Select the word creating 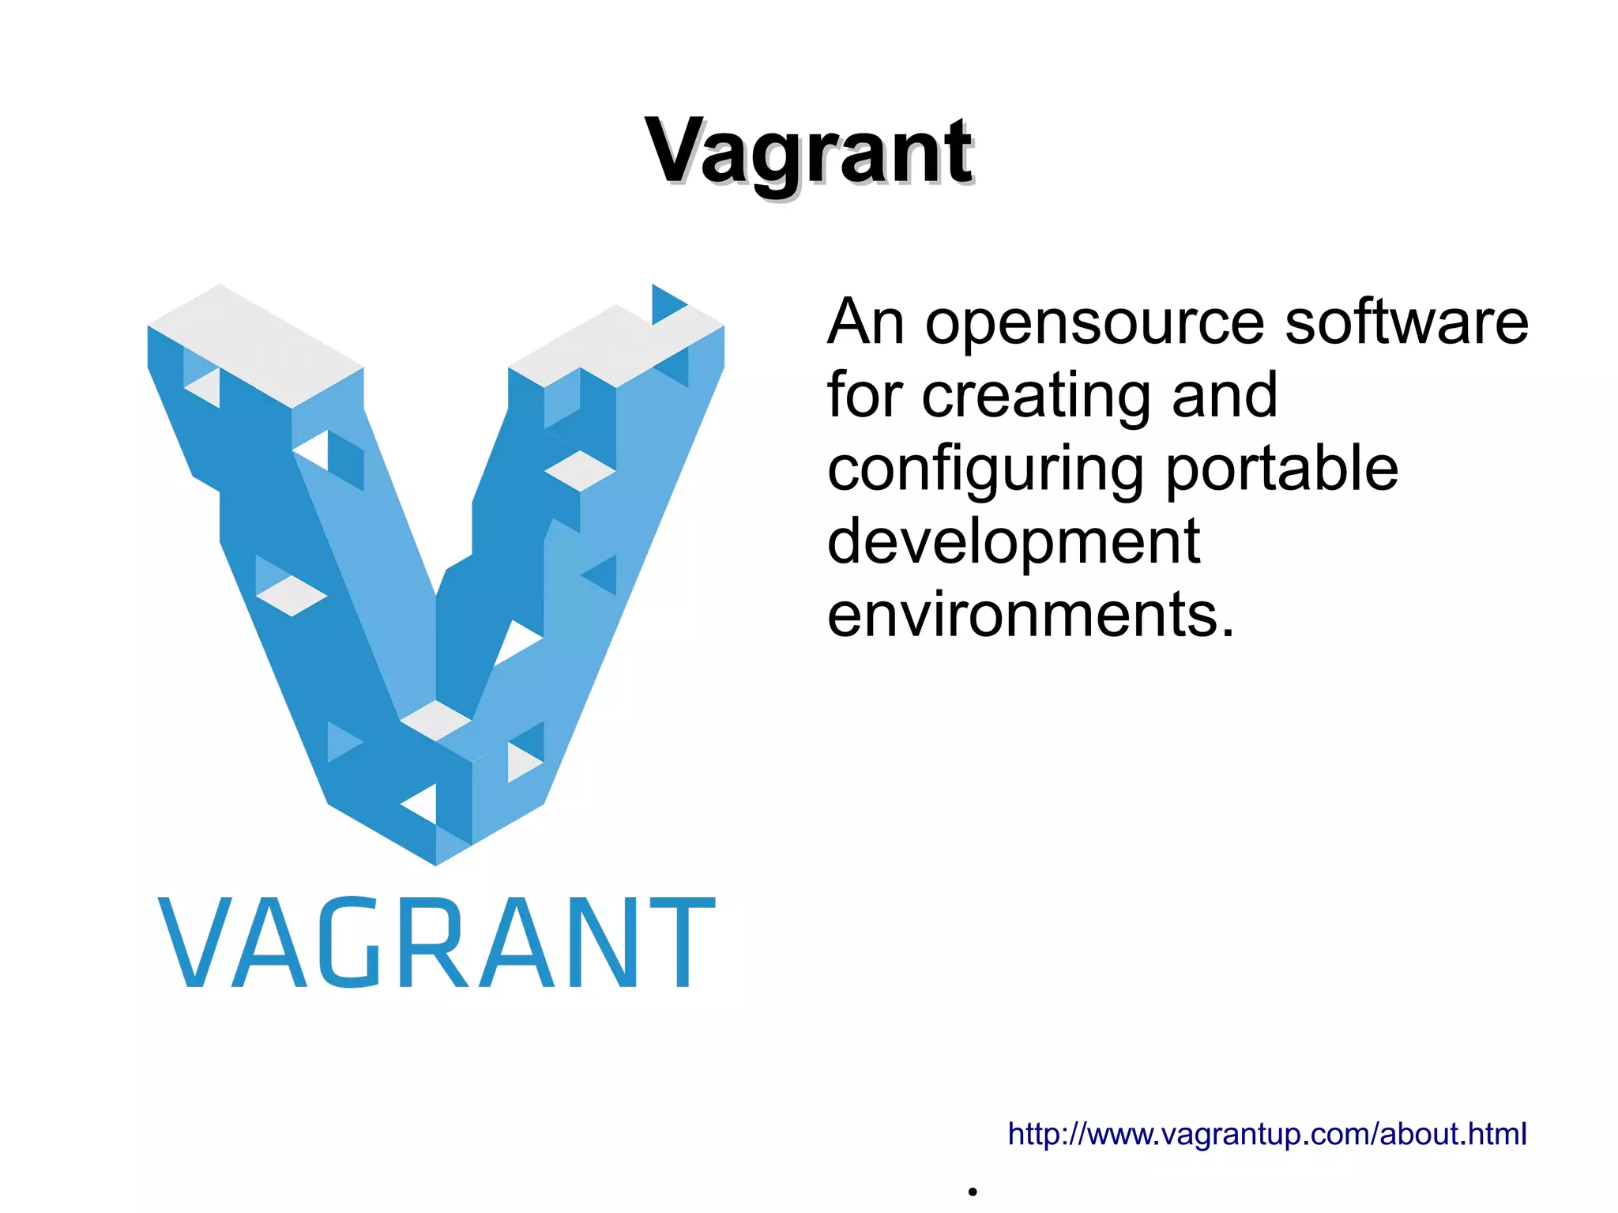click(x=1036, y=396)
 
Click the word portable click(x=1282, y=468)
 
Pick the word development click(x=1014, y=542)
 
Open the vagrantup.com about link click(x=1266, y=1133)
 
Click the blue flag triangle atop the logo click(x=665, y=304)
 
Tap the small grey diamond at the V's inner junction click(x=435, y=720)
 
